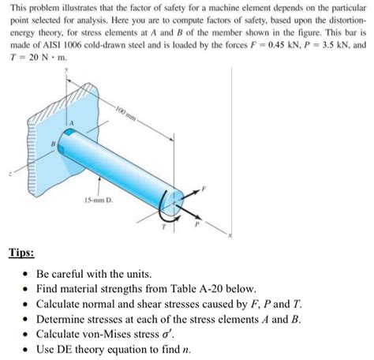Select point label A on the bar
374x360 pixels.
pos(69,122)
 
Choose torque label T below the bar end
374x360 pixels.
pos(164,227)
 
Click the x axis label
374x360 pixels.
pos(228,235)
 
